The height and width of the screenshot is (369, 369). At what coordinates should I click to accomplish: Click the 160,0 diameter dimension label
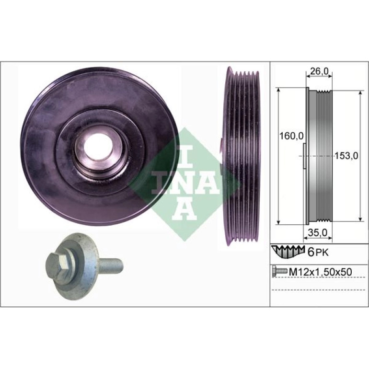pos(290,136)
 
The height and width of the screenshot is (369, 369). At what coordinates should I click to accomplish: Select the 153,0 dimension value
pos(346,156)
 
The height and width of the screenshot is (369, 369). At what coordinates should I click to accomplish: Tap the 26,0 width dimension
pos(319,71)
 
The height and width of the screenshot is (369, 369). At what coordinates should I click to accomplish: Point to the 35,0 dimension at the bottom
pos(318,233)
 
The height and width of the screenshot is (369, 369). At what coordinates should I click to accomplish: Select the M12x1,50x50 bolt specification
pos(320,272)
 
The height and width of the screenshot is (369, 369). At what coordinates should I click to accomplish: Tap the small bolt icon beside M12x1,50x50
pos(279,271)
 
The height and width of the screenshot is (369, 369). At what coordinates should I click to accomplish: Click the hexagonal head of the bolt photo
pos(57,262)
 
